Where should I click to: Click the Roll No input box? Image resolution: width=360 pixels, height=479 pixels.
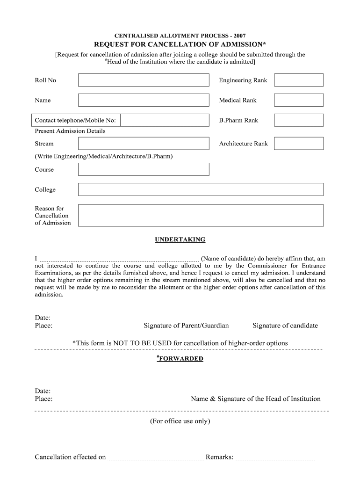(x=144, y=80)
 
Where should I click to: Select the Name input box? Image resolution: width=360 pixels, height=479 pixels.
(x=144, y=100)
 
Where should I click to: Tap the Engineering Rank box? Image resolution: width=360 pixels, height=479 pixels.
(x=298, y=80)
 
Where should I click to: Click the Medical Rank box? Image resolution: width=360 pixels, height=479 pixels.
(x=298, y=100)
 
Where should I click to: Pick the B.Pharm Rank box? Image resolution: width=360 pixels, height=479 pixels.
(x=298, y=120)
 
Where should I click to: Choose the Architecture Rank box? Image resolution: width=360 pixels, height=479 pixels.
(x=298, y=144)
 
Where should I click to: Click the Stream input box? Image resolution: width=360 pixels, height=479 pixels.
(x=144, y=144)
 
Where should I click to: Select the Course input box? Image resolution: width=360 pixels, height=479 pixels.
(x=144, y=169)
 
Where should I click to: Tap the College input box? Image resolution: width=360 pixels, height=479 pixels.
(x=201, y=189)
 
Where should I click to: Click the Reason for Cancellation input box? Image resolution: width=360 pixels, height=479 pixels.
(x=201, y=215)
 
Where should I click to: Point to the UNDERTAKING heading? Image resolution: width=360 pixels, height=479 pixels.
(x=180, y=239)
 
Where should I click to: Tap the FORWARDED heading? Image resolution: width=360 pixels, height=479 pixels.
(x=181, y=359)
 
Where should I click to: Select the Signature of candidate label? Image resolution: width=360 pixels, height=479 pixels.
(x=285, y=326)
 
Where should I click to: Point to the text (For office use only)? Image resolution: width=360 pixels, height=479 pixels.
(x=180, y=421)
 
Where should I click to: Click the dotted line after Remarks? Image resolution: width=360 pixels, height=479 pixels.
(x=275, y=458)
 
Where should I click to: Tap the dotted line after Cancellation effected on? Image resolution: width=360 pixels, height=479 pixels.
(x=156, y=458)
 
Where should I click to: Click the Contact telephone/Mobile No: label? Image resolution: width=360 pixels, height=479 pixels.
(x=75, y=120)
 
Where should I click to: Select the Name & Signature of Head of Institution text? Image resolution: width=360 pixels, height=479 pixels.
(x=256, y=399)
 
